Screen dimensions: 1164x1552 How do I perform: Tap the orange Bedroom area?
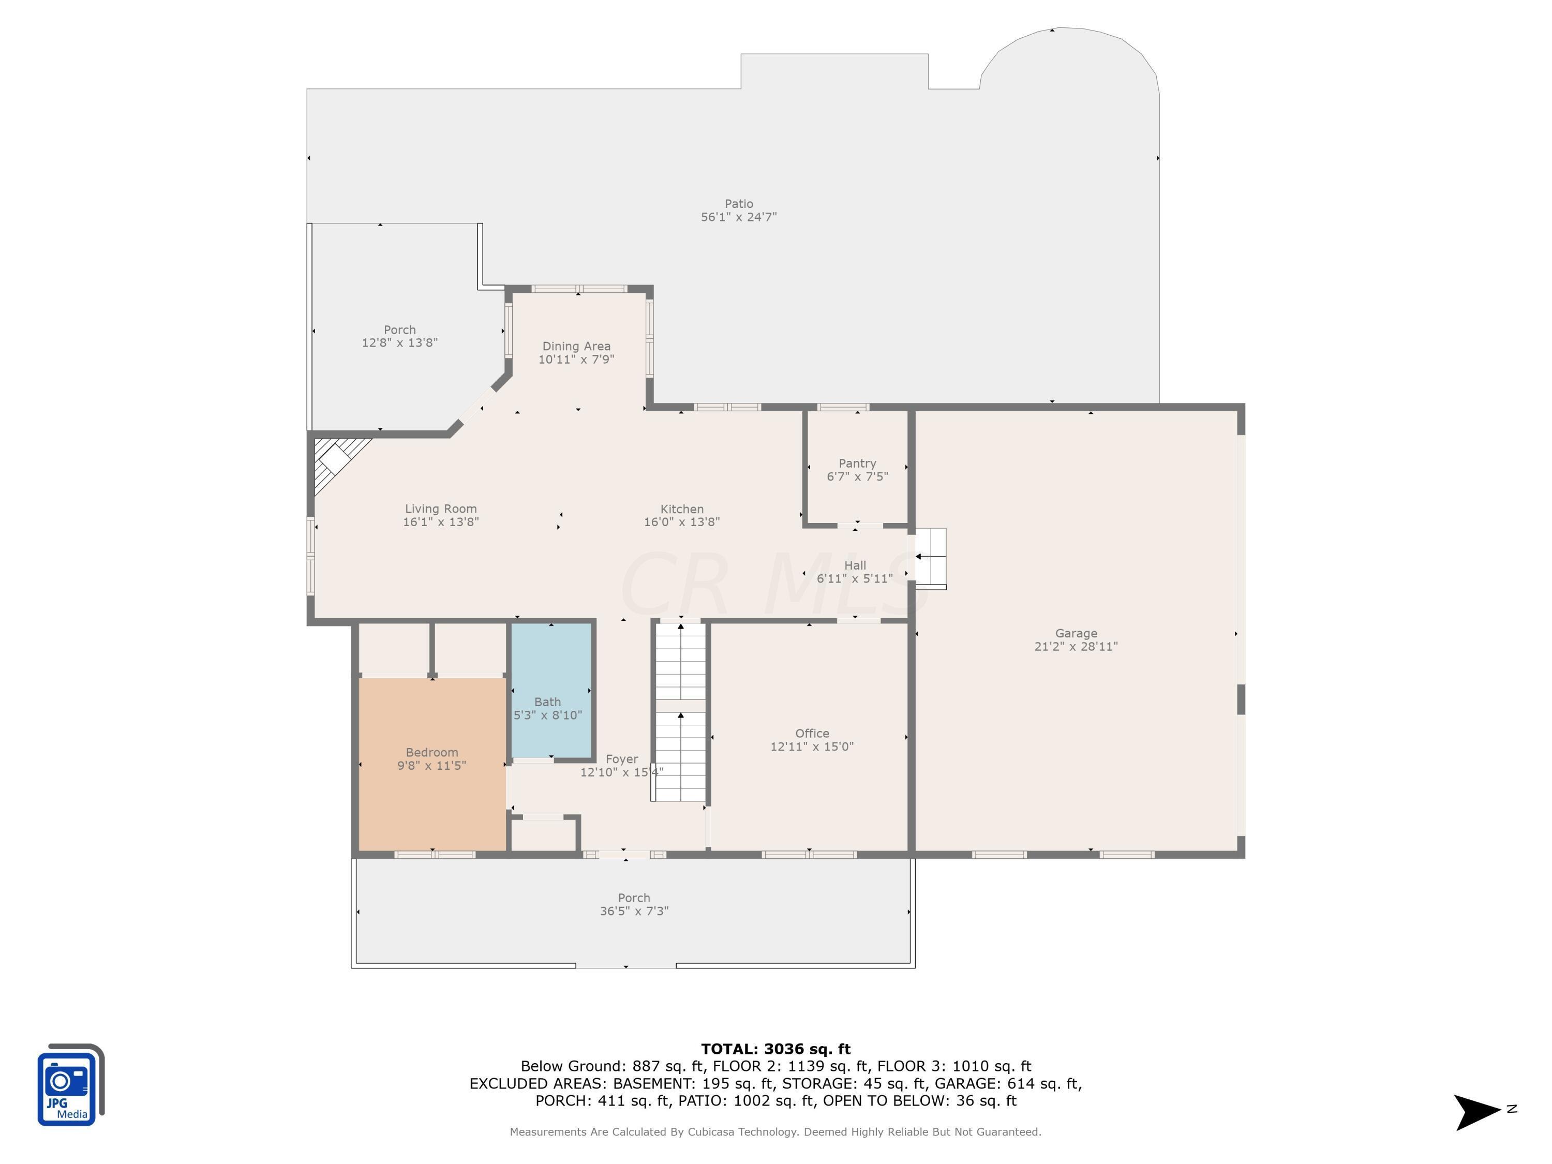[x=432, y=793]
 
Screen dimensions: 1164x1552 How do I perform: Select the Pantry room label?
[x=857, y=464]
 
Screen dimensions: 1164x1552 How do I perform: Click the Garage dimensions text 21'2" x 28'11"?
[x=1076, y=647]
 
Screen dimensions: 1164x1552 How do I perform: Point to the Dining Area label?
[x=576, y=347]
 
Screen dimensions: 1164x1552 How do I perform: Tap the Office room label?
[x=812, y=733]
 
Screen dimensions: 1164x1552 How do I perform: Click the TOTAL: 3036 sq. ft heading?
[x=775, y=1049]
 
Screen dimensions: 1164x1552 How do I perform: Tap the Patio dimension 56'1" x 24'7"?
[x=738, y=217]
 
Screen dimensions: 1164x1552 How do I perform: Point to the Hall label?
[x=855, y=565]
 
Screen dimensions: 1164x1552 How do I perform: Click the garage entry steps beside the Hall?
[x=930, y=558]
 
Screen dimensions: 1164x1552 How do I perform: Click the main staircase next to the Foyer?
[x=680, y=712]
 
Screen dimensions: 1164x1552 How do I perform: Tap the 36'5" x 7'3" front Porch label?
[x=634, y=911]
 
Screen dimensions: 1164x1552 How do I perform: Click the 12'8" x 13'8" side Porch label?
[x=399, y=342]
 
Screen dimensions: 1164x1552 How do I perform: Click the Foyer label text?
[x=622, y=759]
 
